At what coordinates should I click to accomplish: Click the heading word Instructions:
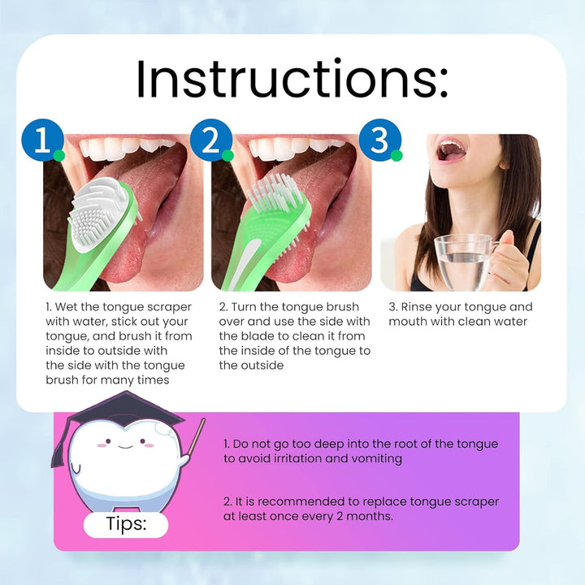tap(292, 80)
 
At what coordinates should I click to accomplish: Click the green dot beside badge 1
tap(58, 155)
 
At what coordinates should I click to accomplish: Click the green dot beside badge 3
tap(396, 155)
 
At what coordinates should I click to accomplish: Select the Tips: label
tap(126, 524)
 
